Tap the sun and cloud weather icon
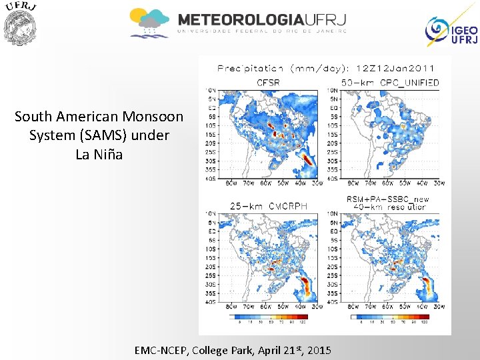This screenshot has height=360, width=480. pos(149,23)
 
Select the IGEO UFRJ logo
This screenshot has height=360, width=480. pos(451,31)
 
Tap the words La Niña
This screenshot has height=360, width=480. pos(99,154)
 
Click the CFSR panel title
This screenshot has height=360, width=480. pos(269,83)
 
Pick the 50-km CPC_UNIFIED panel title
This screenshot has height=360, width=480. pos(390,83)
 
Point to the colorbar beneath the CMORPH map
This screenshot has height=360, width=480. pos(273,318)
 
